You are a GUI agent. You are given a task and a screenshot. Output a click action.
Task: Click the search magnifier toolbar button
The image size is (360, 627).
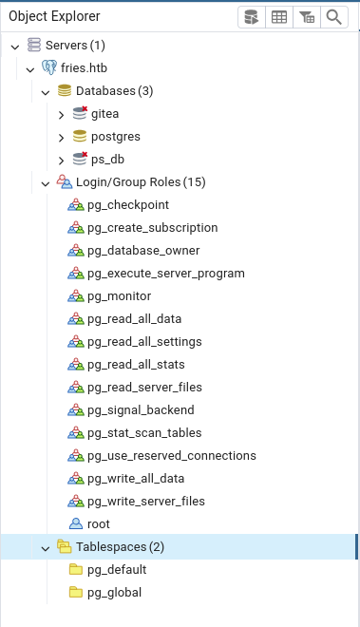point(334,17)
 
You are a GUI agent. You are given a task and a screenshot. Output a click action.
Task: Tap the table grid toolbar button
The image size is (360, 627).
point(279,17)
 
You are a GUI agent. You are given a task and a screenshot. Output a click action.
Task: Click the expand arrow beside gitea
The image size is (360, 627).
point(61,115)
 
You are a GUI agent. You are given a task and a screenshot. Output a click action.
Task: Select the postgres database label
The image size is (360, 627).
point(116,137)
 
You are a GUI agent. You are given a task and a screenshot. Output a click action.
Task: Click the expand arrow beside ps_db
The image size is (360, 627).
point(61,161)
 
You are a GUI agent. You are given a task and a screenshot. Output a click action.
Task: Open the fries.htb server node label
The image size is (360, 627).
point(84,68)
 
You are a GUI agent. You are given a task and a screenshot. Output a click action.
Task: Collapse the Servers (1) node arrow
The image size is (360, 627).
point(15,47)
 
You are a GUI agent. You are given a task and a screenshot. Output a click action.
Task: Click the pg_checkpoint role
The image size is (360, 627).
point(128,205)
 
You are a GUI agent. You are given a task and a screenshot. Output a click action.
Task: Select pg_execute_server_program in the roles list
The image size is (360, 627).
point(166,274)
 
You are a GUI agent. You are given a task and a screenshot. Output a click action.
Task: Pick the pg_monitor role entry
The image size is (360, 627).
point(119,296)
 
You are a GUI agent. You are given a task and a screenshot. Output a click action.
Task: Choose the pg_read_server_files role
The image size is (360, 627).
point(144,388)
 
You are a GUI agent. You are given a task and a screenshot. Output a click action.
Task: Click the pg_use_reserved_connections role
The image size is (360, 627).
point(172,456)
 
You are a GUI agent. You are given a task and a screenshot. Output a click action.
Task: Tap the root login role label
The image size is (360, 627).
point(99,524)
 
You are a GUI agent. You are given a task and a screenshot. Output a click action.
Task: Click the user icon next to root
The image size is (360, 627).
point(76,523)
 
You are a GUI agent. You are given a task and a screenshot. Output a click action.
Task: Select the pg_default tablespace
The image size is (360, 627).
point(117,570)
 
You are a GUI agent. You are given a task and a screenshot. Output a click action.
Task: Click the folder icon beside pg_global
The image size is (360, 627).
point(76,592)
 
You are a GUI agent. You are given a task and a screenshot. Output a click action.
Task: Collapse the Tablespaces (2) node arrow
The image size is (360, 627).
point(46,549)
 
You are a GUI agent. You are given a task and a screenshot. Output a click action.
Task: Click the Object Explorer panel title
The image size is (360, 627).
point(54,16)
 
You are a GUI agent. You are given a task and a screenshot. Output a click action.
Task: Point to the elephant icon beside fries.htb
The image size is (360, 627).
point(49,67)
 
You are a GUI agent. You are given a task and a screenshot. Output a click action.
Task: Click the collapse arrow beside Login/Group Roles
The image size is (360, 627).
point(46,184)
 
